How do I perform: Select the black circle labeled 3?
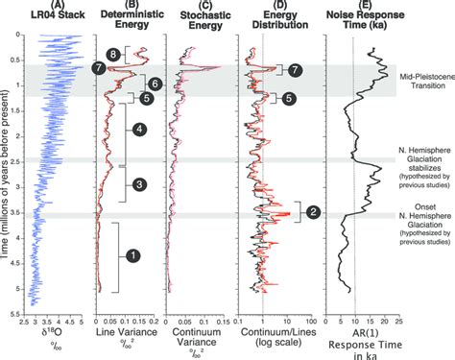click(139, 183)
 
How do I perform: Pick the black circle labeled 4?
click(139, 129)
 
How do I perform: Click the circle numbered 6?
click(156, 84)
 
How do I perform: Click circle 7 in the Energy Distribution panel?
click(295, 69)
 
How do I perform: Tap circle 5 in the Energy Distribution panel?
click(294, 97)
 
